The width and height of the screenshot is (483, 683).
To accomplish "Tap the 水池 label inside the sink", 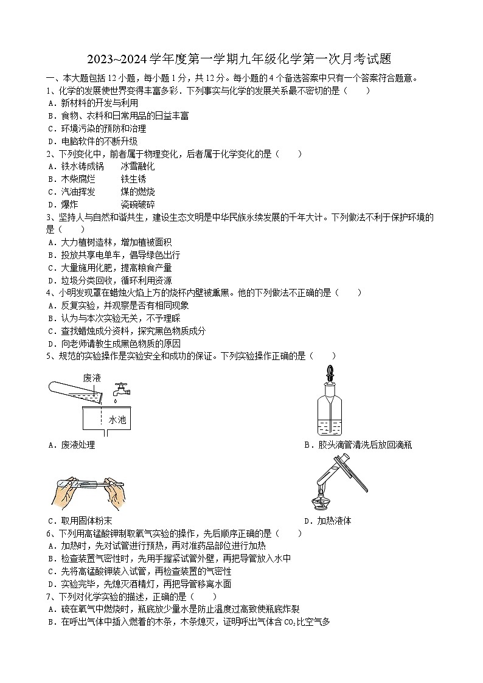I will click(117, 419).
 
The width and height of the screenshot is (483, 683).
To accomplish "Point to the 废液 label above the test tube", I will click(92, 378).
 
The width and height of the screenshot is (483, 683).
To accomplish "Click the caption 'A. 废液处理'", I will click(71, 445).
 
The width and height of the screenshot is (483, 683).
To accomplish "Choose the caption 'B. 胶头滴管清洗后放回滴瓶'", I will click(358, 445).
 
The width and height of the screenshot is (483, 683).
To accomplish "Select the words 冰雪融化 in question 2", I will click(137, 166).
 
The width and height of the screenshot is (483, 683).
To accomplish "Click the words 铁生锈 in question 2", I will click(133, 179).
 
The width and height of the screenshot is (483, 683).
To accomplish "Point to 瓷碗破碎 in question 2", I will click(137, 204).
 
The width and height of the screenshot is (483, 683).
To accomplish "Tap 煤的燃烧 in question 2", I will click(137, 192).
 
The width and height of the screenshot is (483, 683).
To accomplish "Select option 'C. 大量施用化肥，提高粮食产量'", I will click(109, 268).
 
